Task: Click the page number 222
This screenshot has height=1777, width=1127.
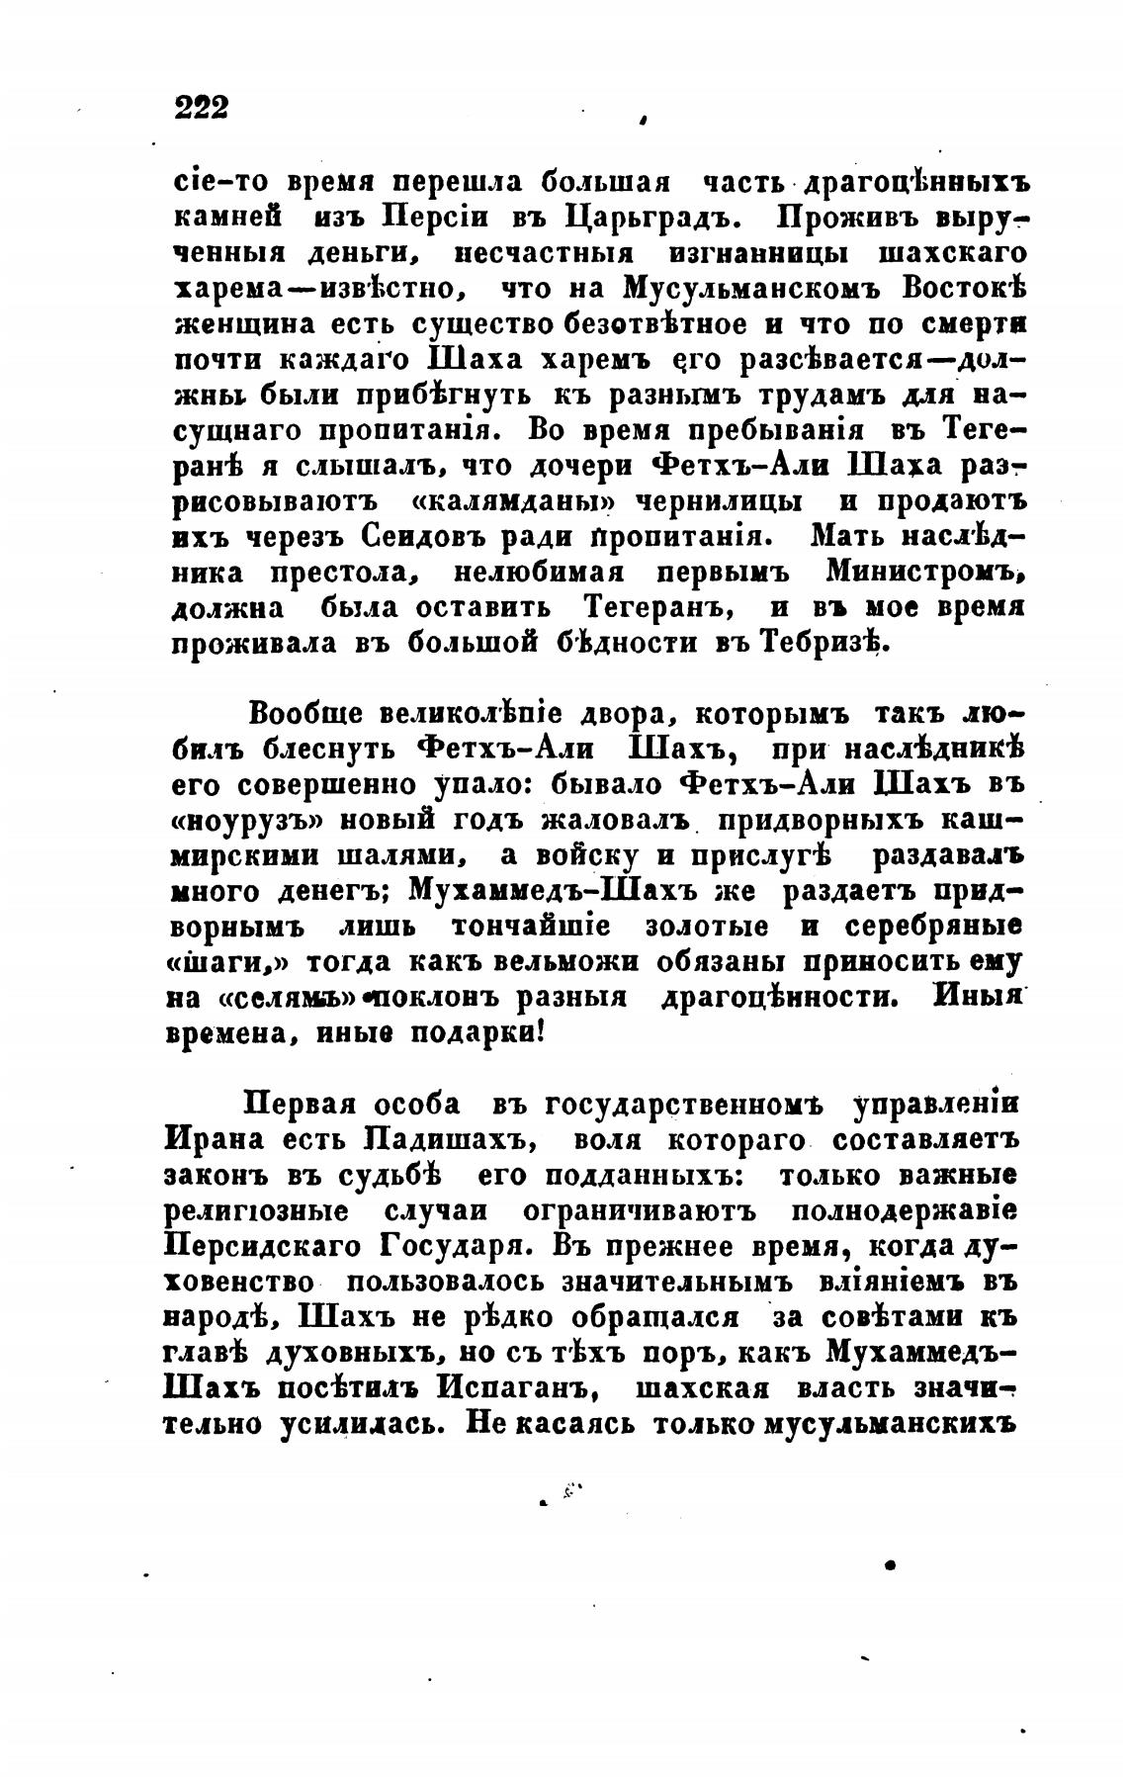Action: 202,106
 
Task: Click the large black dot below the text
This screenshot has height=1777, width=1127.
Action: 891,1565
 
